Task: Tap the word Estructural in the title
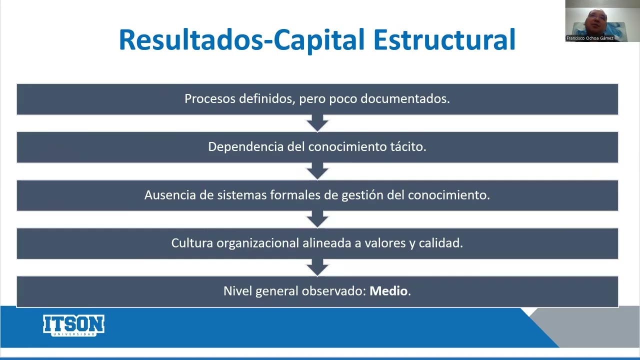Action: pos(444,40)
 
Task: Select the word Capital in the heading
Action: pos(319,40)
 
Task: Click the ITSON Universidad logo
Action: pos(73,325)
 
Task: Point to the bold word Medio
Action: pos(388,291)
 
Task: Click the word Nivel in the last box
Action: pos(237,291)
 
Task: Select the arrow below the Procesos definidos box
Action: pos(317,122)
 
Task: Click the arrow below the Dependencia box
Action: pos(317,170)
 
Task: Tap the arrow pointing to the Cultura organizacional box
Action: pos(317,218)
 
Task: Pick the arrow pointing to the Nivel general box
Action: pos(317,266)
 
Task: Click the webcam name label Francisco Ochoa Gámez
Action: pos(590,38)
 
